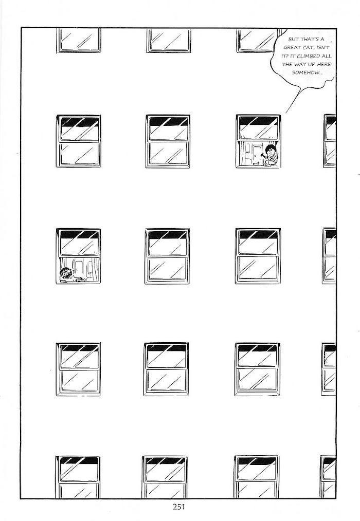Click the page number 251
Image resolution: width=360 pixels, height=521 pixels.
point(178,507)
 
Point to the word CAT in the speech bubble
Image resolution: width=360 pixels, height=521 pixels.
point(308,47)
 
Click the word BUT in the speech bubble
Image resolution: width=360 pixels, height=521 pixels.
point(293,39)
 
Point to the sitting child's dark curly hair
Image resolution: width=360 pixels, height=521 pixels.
point(272,148)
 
